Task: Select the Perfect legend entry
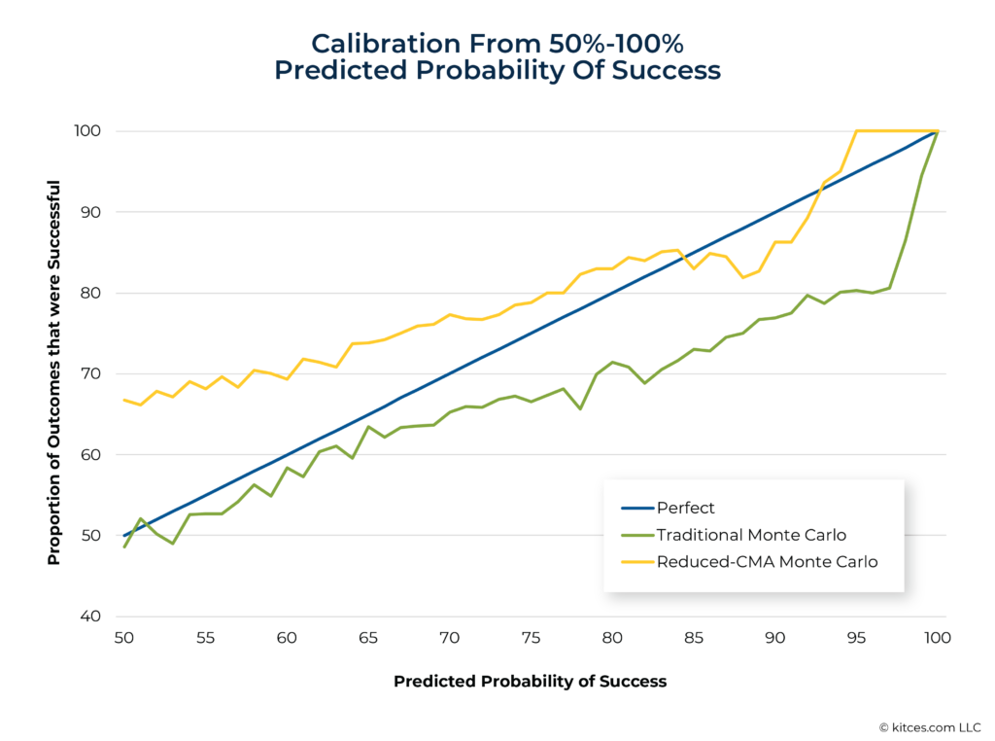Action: [685, 508]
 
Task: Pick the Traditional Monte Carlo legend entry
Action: [750, 535]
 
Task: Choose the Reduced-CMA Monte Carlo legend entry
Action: [767, 561]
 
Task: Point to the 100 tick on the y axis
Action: [88, 131]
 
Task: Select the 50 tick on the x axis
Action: [124, 638]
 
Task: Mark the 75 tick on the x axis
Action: [531, 638]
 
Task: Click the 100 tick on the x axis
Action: [937, 638]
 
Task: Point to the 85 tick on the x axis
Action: [694, 638]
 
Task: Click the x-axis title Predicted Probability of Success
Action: [530, 682]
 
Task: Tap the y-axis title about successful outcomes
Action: [54, 372]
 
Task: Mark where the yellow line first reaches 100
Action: [856, 131]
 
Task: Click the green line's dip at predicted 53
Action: [173, 544]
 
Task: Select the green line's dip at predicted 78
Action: [580, 408]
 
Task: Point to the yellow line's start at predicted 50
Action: [124, 400]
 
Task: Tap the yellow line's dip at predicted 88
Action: [742, 278]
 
